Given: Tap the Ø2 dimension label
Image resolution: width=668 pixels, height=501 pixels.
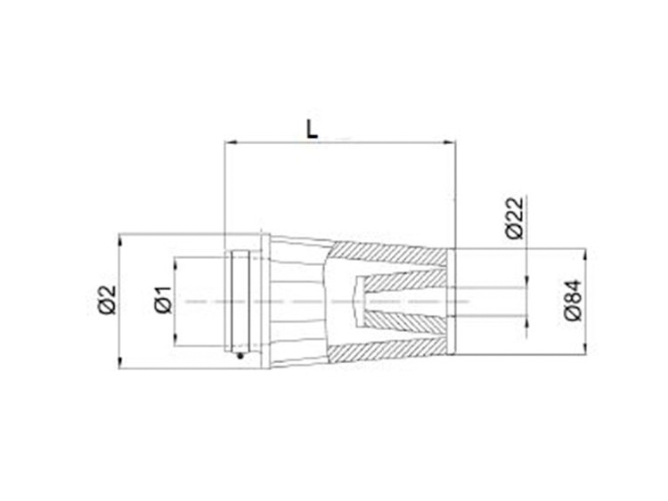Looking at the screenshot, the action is pyautogui.click(x=108, y=300).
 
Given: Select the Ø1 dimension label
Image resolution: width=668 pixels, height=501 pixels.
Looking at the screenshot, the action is pyautogui.click(x=163, y=300).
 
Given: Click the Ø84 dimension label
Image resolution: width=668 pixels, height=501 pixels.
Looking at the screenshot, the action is pyautogui.click(x=573, y=300).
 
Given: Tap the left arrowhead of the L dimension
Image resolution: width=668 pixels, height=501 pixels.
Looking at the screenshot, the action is pyautogui.click(x=230, y=143).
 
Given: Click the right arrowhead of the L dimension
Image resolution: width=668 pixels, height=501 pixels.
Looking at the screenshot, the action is pyautogui.click(x=450, y=143).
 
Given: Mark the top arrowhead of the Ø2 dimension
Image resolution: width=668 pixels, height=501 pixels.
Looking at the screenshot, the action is pyautogui.click(x=121, y=239).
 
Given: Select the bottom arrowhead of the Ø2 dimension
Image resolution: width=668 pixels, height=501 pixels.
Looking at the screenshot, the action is pyautogui.click(x=121, y=362).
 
